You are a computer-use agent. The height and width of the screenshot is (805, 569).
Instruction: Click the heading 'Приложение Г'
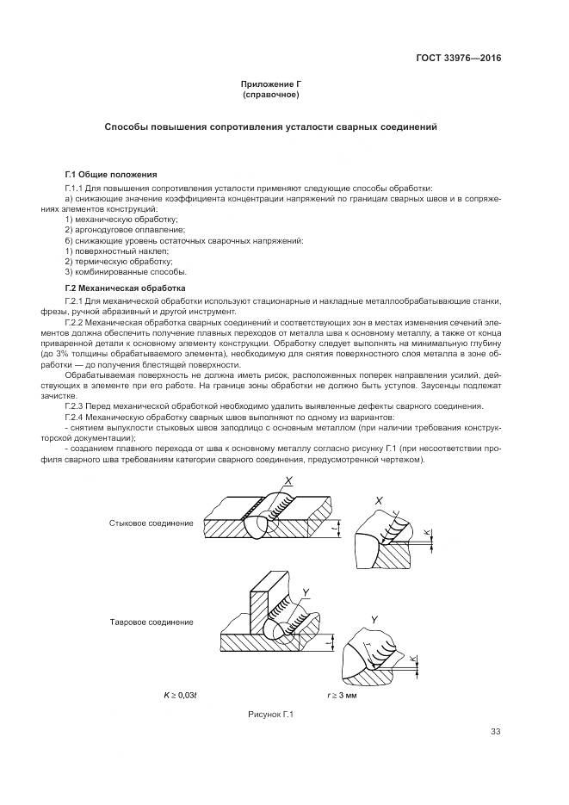coord(270,84)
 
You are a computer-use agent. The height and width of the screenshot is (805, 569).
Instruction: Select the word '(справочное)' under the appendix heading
coord(270,94)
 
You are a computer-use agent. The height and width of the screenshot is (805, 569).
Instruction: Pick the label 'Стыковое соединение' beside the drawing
coord(145,523)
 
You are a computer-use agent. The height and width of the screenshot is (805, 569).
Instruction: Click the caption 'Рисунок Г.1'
coord(271,714)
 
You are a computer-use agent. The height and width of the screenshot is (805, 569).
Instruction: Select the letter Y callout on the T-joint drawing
coord(306,591)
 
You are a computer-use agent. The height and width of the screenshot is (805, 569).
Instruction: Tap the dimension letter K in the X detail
coord(429,534)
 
